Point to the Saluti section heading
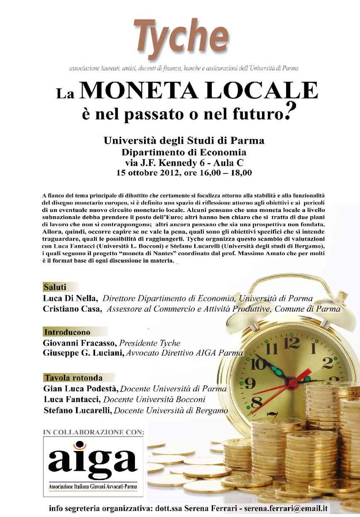pos(55,287)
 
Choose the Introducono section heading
pos(67,332)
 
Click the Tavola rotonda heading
pos(73,378)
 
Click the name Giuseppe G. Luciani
pos(84,354)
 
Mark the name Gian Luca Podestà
pos(81,389)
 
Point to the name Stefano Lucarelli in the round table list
pos(78,410)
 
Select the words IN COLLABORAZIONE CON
pos(94,432)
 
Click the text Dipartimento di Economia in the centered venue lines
pos(184,152)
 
